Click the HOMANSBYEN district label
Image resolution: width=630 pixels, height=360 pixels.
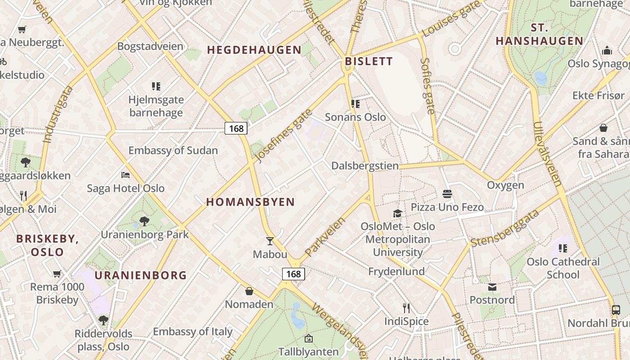pos(250,202)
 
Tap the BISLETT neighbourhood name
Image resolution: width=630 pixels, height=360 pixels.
pos(369,61)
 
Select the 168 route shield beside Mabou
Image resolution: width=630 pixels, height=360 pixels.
pos(293,274)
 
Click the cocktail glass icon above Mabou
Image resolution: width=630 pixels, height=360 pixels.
pos(270,241)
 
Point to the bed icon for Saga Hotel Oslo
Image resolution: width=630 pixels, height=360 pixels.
pos(126,175)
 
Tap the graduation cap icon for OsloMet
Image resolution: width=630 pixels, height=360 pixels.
pos(397,213)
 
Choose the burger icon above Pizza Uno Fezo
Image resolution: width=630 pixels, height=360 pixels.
pos(447,194)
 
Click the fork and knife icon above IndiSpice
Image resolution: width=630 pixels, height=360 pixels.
pos(406,308)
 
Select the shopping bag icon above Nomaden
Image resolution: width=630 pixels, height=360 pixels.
pos(249,291)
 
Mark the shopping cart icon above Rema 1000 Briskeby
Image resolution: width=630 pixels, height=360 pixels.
pos(57,274)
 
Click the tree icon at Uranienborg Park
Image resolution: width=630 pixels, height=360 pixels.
pos(144,221)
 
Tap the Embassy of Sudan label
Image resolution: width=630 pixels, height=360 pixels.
pos(173,150)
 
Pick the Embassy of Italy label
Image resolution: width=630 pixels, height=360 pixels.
pos(193,332)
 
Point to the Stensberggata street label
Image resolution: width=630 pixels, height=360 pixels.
pos(504,229)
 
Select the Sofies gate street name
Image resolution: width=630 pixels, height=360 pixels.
pos(427,85)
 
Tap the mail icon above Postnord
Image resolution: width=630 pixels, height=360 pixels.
pos(492,287)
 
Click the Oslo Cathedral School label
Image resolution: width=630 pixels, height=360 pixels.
pos(563,268)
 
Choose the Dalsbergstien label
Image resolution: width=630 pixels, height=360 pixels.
pos(365,166)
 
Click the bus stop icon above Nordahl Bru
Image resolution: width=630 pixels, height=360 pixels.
pos(616,310)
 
